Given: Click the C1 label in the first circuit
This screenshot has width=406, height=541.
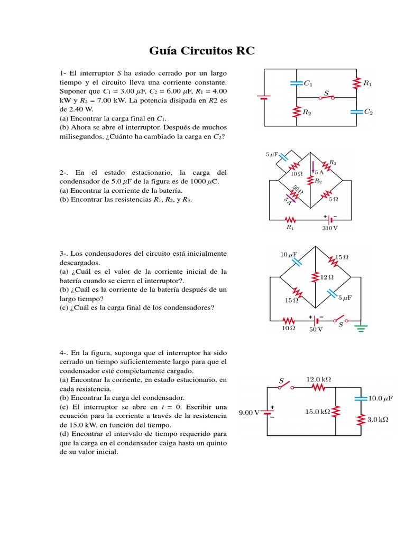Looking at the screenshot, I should click(308, 83).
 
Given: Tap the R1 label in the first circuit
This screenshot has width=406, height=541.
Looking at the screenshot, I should click(367, 83).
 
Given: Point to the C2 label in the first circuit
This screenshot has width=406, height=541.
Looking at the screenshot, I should click(368, 111).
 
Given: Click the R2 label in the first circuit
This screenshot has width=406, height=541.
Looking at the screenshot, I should click(307, 112).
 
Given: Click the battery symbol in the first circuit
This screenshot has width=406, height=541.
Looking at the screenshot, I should click(264, 97).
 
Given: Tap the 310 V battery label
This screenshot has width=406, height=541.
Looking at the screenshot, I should click(330, 228).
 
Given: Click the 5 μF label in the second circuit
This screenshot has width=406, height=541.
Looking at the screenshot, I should click(271, 155).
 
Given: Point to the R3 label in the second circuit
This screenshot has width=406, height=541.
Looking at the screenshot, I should click(333, 163).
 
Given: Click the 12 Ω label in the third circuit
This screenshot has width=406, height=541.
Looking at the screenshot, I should click(327, 277).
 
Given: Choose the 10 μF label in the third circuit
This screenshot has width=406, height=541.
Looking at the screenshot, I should click(289, 255).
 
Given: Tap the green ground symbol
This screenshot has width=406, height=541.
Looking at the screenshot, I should click(361, 328).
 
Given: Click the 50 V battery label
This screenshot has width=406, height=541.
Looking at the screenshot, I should click(316, 329).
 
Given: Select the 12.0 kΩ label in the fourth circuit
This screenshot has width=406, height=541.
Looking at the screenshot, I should click(318, 379).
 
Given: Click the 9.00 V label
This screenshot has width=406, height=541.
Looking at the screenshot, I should click(248, 413).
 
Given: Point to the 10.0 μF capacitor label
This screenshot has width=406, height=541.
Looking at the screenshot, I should click(381, 398).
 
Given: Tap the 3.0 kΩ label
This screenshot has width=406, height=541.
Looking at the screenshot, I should click(377, 419).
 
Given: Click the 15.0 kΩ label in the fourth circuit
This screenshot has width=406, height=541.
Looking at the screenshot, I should click(317, 412).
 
